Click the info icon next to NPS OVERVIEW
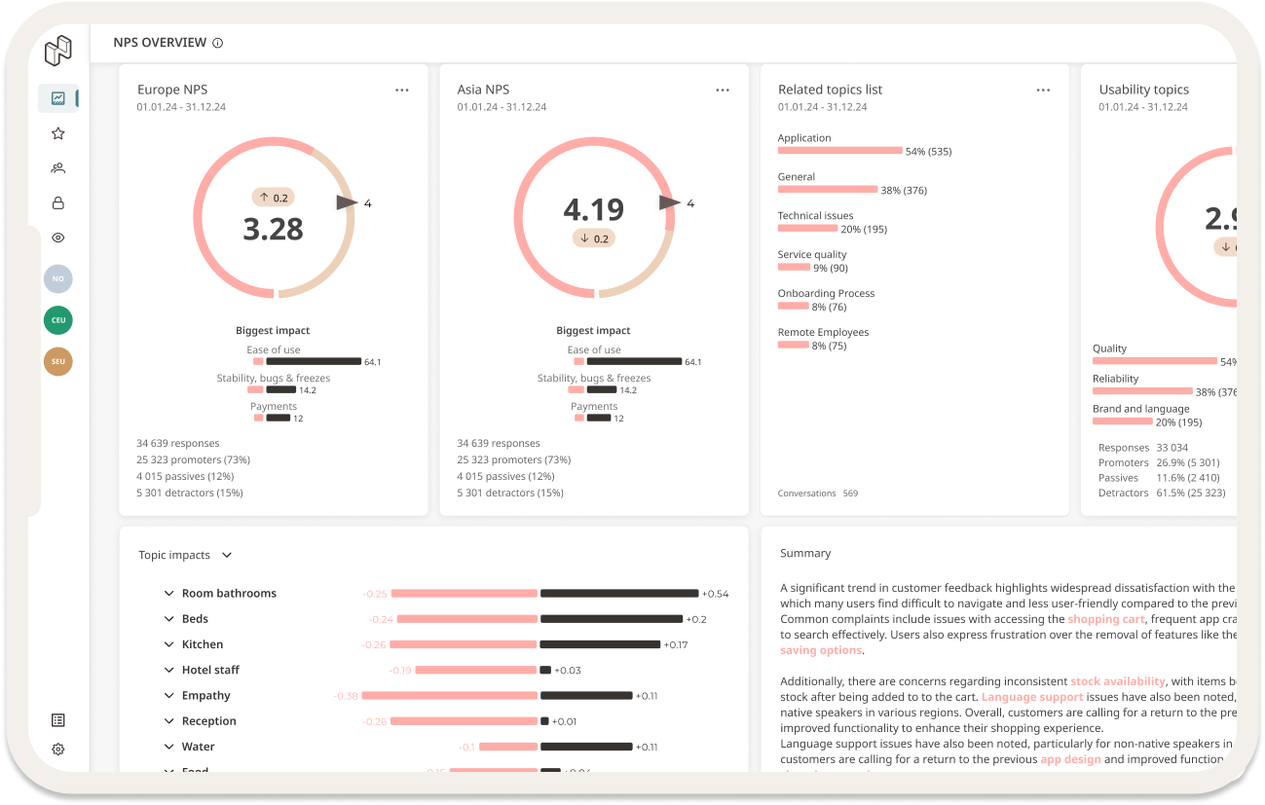tap(217, 43)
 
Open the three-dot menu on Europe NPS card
tap(402, 90)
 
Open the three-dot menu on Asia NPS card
tap(723, 90)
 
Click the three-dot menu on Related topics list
tap(1043, 90)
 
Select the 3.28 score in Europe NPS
tap(273, 229)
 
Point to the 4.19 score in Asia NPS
tap(593, 209)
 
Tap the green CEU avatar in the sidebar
tap(58, 320)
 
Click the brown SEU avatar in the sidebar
tap(58, 362)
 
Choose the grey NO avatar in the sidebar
tap(58, 279)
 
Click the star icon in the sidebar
tap(58, 133)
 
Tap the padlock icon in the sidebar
tap(58, 202)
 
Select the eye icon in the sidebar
tap(58, 238)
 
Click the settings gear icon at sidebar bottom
tap(58, 749)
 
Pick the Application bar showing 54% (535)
tap(839, 151)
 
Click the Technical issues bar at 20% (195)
tap(807, 229)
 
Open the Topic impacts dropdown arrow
tap(227, 555)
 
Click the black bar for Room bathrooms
tap(619, 593)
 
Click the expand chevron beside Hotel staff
tap(169, 670)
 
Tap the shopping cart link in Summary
tap(1105, 619)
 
